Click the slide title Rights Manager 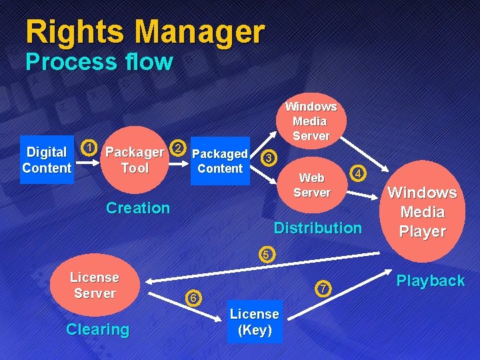145,31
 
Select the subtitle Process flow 99,62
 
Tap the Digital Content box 46,160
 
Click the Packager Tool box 135,160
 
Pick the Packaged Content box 220,161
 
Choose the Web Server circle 312,185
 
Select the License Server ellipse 95,285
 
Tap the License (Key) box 254,321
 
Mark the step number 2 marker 177,147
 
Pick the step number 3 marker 268,158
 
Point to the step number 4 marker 359,173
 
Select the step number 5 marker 266,253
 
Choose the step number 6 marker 192,298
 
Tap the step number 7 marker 322,289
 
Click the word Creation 138,208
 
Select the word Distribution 317,228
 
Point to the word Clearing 97,329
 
